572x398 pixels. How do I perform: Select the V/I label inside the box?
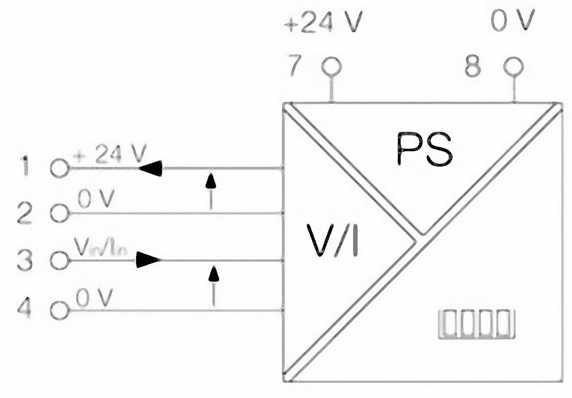pyautogui.click(x=333, y=239)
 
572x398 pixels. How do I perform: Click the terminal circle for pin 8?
pyautogui.click(x=513, y=66)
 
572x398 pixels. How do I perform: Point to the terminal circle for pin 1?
pyautogui.click(x=60, y=168)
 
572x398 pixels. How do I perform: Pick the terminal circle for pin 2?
pyautogui.click(x=60, y=213)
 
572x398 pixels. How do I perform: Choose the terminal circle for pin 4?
pyautogui.click(x=60, y=310)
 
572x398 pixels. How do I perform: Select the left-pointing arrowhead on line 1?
pyautogui.click(x=150, y=168)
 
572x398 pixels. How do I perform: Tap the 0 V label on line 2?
pyautogui.click(x=96, y=200)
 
